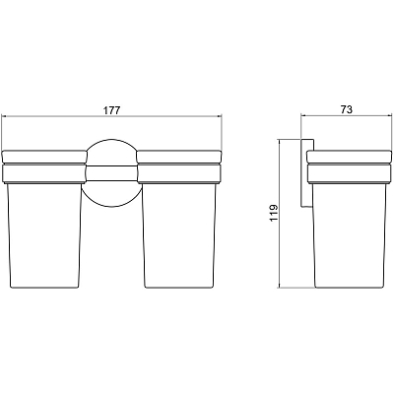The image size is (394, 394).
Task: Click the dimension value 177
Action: pyautogui.click(x=112, y=110)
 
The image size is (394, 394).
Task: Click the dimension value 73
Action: pyautogui.click(x=346, y=109)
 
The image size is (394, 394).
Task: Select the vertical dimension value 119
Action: pyautogui.click(x=274, y=213)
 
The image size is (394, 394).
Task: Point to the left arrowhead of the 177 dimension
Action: pyautogui.click(x=4, y=115)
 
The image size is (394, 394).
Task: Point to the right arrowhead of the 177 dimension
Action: pyautogui.click(x=220, y=115)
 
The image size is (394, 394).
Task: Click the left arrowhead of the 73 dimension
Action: pyautogui.click(x=303, y=115)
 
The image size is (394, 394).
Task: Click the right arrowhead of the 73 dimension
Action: pyautogui.click(x=389, y=115)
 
